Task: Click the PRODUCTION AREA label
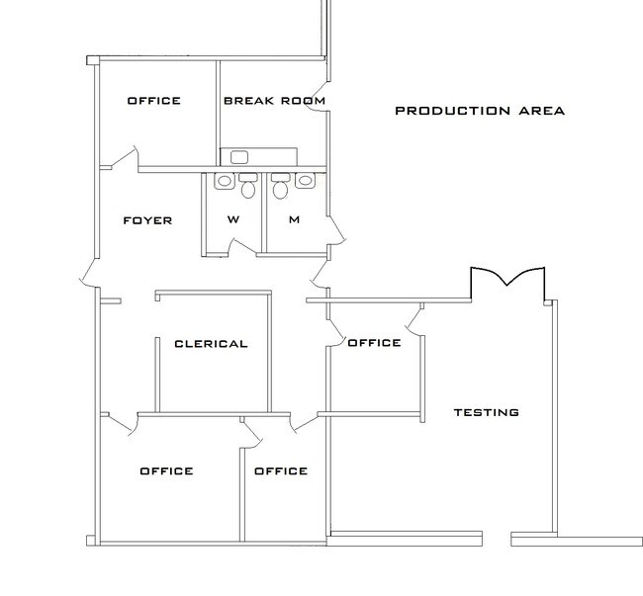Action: click(480, 111)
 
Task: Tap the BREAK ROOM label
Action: click(274, 101)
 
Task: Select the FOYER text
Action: click(147, 220)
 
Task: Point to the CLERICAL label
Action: click(211, 344)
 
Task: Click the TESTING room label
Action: click(487, 412)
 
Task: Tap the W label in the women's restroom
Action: click(233, 219)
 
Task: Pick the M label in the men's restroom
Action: click(295, 219)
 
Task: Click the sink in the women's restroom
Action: click(225, 181)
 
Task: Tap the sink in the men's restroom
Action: click(305, 181)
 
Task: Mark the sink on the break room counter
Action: click(239, 157)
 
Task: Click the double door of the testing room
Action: click(507, 278)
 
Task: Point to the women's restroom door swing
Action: click(242, 247)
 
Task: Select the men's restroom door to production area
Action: click(337, 230)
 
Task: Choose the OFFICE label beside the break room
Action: click(154, 101)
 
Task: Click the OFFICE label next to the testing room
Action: click(374, 343)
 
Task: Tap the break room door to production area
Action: click(318, 97)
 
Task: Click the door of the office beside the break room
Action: click(125, 157)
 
